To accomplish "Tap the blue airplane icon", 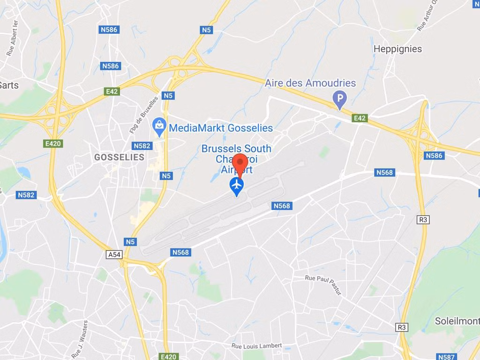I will pos(237,186).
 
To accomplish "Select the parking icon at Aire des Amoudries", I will pos(339,99).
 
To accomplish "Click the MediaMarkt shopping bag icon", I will pos(160,126).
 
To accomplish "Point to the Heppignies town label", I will pos(397,49).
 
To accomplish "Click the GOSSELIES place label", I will pos(119,157).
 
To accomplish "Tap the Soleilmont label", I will pos(457,321).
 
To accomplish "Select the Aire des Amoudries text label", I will pos(310,83).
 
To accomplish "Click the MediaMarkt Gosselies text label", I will pos(221,128).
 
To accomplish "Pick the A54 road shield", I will pos(114,255).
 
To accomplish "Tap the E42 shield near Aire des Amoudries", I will pos(360,118).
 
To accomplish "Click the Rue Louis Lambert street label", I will pos(257,346).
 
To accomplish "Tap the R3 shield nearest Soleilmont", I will pos(402,327).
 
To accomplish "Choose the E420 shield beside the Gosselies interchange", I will pos(53,143).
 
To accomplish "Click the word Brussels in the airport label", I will pos(219,149).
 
